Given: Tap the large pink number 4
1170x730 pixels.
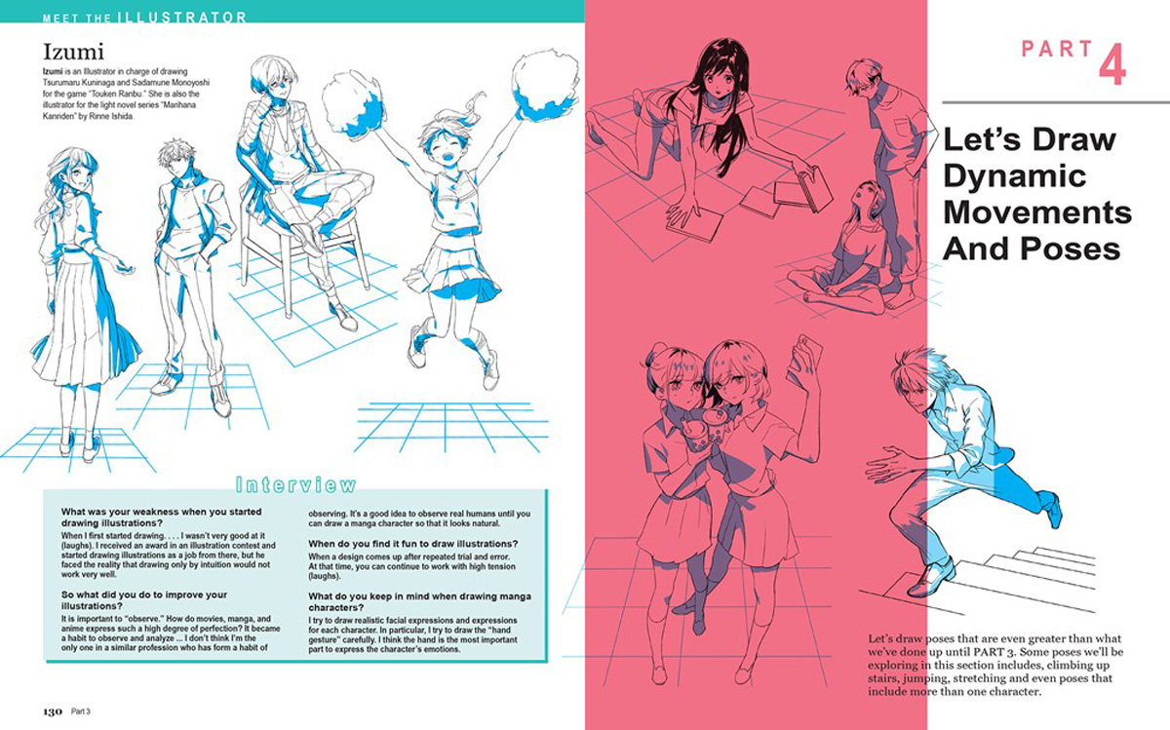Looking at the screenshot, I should tap(1111, 62).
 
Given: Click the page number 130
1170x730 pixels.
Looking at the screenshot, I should tap(53, 710).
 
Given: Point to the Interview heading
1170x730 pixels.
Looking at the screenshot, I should tap(296, 483).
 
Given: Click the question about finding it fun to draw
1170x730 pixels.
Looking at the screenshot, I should tap(412, 543).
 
